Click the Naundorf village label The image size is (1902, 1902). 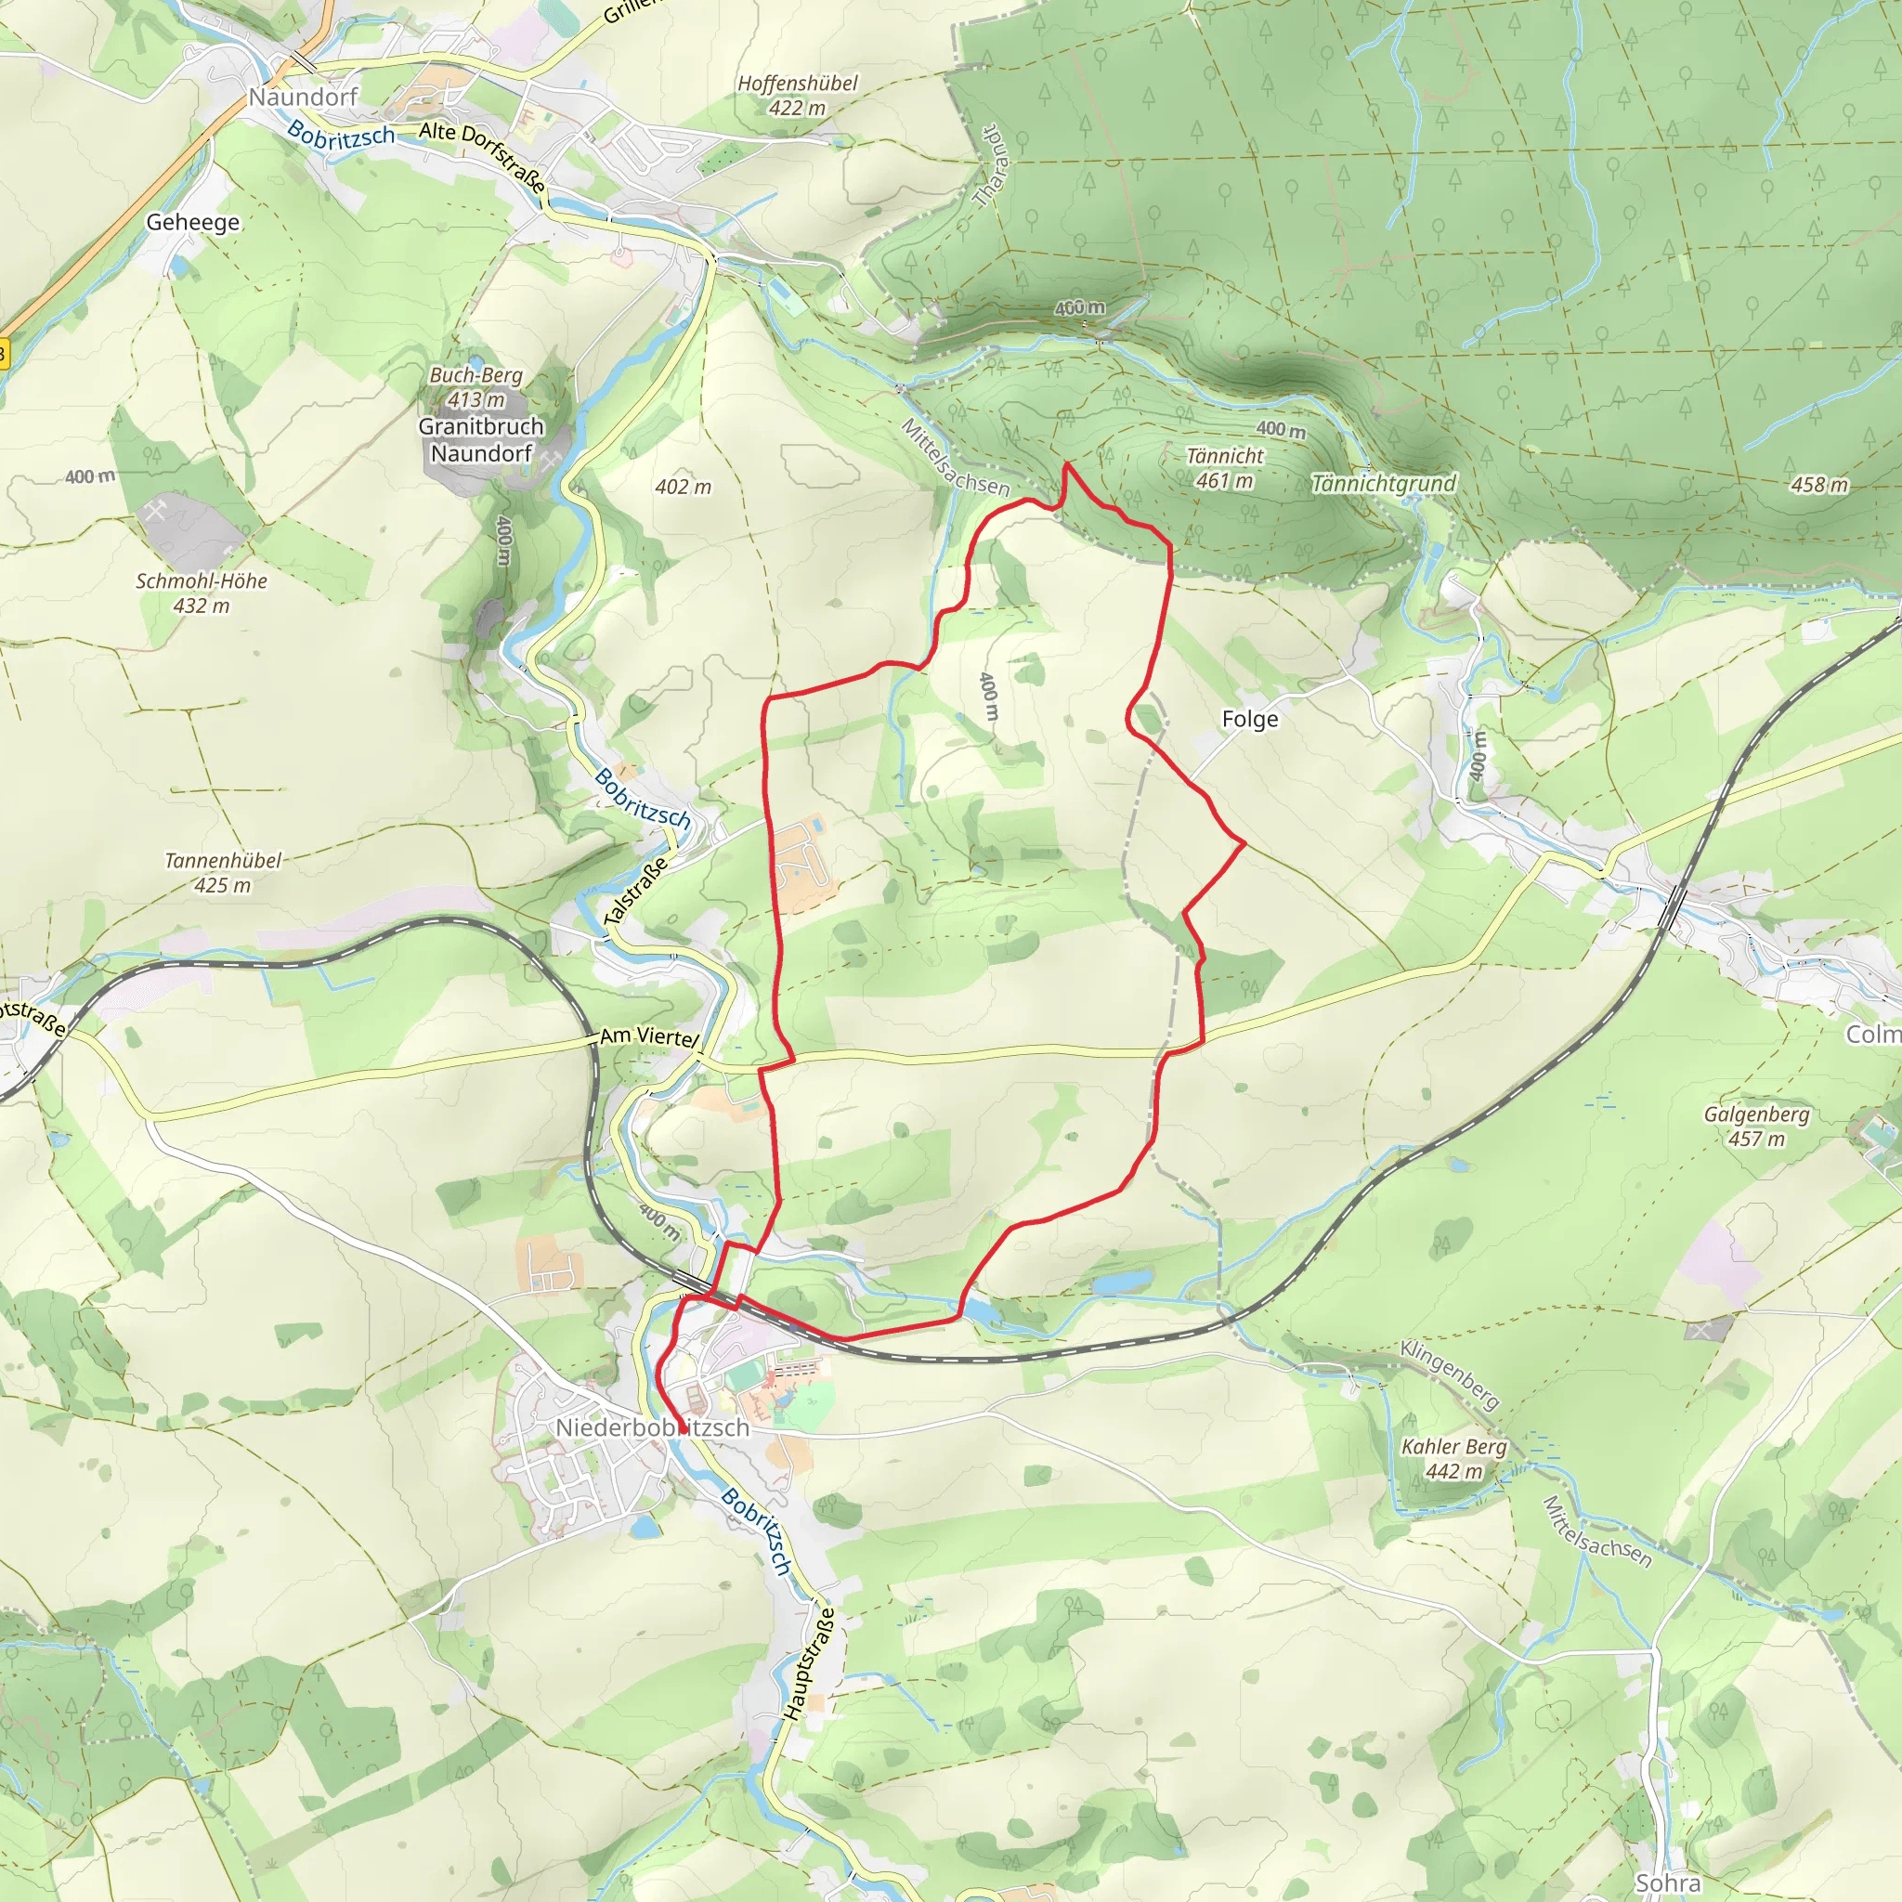302,98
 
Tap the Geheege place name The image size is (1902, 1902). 193,223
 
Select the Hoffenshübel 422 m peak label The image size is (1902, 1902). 798,96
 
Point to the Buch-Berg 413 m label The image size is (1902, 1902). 476,387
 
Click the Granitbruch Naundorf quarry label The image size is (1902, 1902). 481,440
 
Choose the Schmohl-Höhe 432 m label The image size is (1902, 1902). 202,593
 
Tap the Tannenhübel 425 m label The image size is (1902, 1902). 223,872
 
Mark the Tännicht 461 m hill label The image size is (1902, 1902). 1225,468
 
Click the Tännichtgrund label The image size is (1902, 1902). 1383,483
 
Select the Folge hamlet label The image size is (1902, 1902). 1250,720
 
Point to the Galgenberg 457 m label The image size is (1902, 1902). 1757,1127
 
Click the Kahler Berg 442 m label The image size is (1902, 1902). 1454,1458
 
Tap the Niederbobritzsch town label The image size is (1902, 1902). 652,1427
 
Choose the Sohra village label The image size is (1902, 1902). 1668,1883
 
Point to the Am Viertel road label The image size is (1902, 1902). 649,1036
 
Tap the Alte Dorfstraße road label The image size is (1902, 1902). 482,155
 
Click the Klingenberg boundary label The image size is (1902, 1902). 1450,1374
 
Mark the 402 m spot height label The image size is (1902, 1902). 684,487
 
